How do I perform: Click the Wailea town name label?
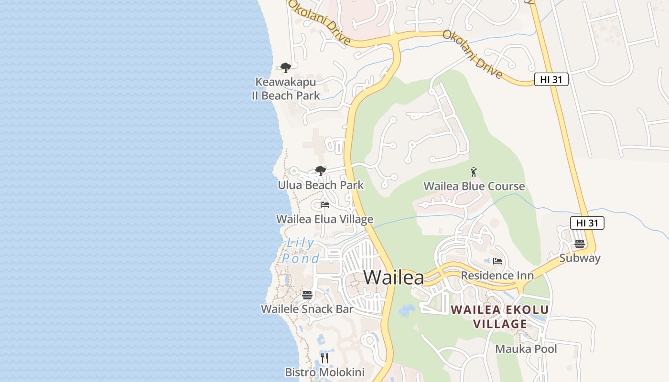click(394, 277)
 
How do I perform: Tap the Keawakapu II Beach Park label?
click(286, 89)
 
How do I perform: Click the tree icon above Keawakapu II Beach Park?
click(285, 68)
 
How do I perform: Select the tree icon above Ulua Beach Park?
click(320, 170)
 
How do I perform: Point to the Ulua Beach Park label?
click(321, 185)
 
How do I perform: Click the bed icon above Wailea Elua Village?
click(325, 205)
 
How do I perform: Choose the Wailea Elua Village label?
click(324, 219)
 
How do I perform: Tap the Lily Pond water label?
click(301, 251)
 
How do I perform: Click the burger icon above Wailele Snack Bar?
click(307, 295)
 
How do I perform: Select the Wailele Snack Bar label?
click(307, 309)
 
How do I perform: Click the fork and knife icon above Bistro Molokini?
click(324, 358)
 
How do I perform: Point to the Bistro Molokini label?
click(324, 372)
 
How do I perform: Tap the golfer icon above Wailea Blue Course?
click(474, 172)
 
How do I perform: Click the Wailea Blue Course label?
click(474, 186)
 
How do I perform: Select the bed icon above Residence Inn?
click(497, 261)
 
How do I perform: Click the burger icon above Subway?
click(580, 244)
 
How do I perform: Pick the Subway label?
click(580, 258)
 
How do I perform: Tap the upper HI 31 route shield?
click(551, 80)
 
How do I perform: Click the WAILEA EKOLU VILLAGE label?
click(500, 317)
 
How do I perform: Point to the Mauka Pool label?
click(526, 349)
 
